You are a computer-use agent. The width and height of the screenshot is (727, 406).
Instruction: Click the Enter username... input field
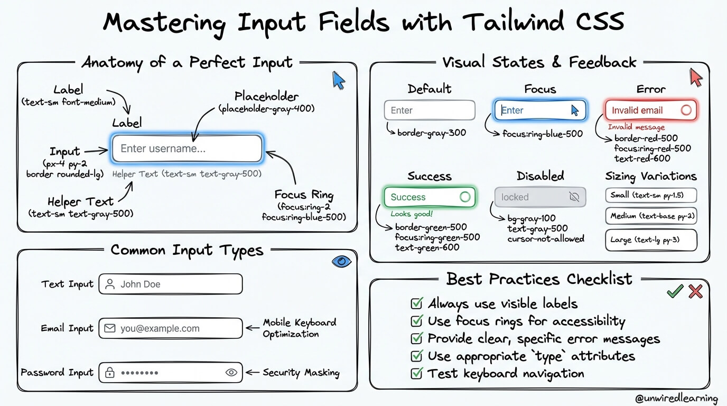tap(187, 149)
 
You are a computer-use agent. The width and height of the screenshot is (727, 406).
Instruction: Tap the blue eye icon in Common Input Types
tap(341, 262)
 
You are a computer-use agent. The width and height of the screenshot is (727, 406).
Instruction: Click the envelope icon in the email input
tap(110, 328)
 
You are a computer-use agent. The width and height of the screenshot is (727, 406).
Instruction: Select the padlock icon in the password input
tap(110, 372)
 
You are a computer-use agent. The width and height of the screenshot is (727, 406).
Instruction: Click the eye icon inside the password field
tap(231, 372)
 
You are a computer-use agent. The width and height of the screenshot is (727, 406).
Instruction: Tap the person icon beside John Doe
tap(110, 284)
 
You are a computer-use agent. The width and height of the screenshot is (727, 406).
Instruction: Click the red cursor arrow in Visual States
tap(695, 77)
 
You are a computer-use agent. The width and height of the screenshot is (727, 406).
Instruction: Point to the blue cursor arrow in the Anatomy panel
tap(338, 80)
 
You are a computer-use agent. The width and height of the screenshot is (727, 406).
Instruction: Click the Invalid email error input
tap(651, 110)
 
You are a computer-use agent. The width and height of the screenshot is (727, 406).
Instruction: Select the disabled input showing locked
tap(540, 197)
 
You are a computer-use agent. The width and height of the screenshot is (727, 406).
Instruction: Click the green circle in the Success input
tap(465, 197)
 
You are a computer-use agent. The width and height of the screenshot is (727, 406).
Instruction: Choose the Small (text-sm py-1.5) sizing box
tap(651, 195)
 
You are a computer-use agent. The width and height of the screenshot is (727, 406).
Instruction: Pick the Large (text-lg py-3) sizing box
tap(651, 240)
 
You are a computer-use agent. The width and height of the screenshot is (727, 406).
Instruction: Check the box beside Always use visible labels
tap(417, 303)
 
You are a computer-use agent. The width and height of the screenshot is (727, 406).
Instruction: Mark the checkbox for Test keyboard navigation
tap(417, 373)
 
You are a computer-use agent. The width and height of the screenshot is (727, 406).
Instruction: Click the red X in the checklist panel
tap(695, 291)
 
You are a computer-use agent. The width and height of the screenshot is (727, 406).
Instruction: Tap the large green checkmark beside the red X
tap(675, 291)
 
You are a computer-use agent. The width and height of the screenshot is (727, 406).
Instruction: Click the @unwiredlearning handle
tap(676, 398)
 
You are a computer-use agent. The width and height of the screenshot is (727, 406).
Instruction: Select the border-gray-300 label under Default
tap(432, 133)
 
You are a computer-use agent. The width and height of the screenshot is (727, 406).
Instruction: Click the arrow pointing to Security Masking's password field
tap(253, 372)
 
